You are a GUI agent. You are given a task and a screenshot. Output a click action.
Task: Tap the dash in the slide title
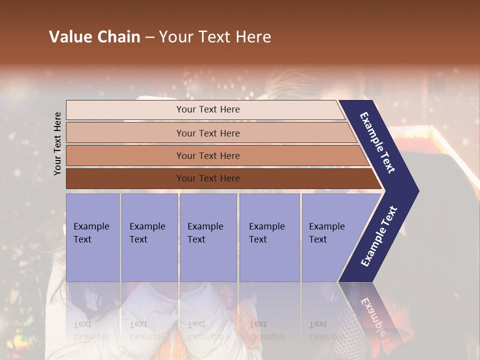150,37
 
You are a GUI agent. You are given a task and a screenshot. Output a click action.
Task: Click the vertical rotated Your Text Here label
57,143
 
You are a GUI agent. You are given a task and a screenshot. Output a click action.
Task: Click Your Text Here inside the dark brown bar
208,178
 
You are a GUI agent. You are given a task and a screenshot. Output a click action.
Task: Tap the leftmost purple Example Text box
92,237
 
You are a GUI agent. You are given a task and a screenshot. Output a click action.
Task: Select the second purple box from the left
149,237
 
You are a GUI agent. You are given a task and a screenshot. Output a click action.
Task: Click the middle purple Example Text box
208,237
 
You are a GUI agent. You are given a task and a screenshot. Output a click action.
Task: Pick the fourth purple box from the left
269,237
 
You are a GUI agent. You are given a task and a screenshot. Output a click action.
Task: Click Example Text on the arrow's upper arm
378,142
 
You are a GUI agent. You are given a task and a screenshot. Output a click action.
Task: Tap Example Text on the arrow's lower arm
379,236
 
